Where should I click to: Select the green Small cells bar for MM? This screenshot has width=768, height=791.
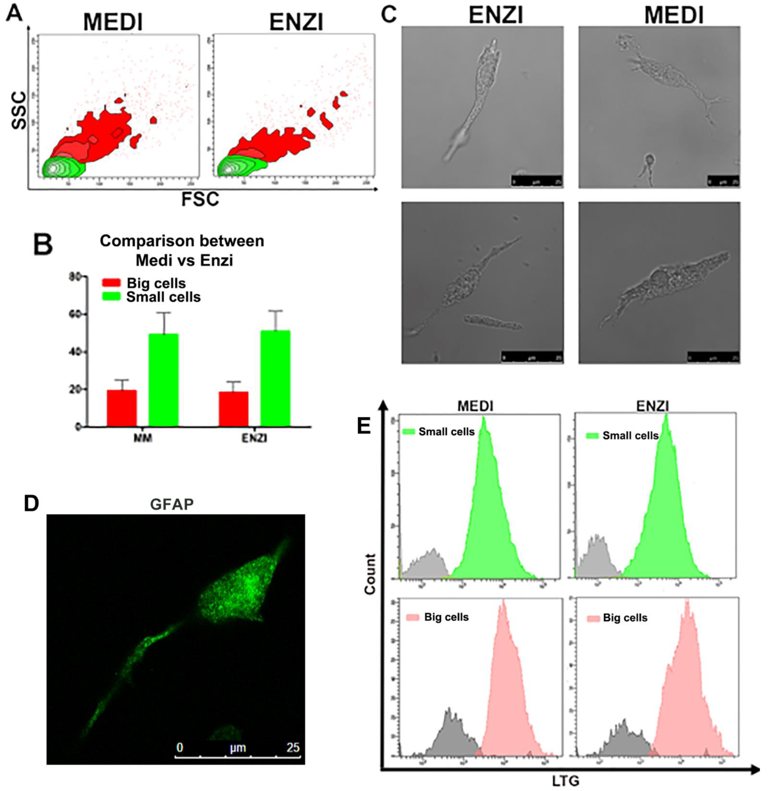(x=163, y=380)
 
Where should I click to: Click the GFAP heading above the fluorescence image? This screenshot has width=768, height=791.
(x=171, y=504)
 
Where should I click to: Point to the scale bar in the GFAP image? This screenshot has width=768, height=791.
(x=238, y=755)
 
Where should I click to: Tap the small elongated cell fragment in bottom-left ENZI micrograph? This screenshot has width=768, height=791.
(x=492, y=322)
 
